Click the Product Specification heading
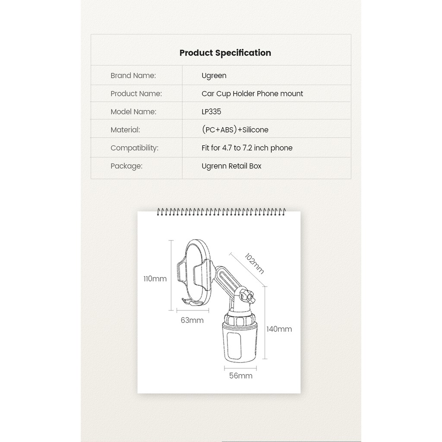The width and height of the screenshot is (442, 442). (x=225, y=53)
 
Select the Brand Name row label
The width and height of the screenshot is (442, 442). (x=133, y=76)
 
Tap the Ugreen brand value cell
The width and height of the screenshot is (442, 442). (x=214, y=76)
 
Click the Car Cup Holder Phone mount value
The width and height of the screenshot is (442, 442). (x=252, y=94)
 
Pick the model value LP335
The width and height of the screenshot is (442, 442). (x=211, y=112)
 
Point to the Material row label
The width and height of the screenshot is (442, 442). (x=125, y=130)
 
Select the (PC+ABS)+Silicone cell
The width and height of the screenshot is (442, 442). (x=235, y=130)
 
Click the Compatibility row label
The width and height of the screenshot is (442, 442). (x=134, y=148)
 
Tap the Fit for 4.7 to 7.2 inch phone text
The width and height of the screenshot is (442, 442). (x=247, y=148)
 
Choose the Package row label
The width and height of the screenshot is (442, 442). (x=126, y=166)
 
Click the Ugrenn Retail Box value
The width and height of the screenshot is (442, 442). (x=231, y=166)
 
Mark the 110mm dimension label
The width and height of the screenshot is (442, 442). (x=155, y=279)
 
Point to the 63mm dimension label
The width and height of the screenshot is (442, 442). (x=192, y=320)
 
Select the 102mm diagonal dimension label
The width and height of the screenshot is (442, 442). (x=254, y=263)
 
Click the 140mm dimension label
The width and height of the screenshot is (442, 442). (x=279, y=329)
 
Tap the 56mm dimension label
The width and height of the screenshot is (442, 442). (x=240, y=376)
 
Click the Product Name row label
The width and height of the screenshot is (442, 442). (x=136, y=94)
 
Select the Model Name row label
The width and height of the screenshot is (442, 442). (x=133, y=112)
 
